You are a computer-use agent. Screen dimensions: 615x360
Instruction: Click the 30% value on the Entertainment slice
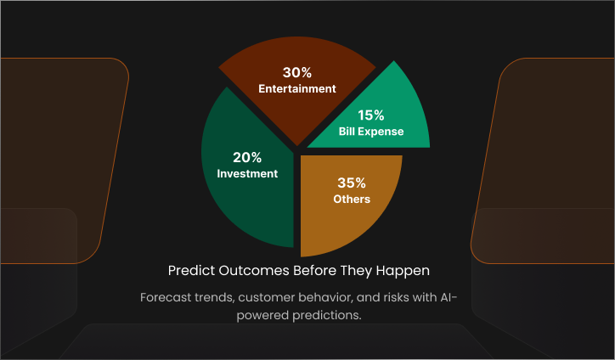pyautogui.click(x=297, y=72)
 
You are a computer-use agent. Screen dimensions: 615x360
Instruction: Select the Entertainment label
pyautogui.click(x=297, y=88)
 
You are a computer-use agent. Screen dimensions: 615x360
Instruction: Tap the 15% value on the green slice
pyautogui.click(x=371, y=115)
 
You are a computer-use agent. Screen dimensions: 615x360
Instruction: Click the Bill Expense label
pyautogui.click(x=371, y=132)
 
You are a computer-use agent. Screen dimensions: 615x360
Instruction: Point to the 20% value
pyautogui.click(x=247, y=158)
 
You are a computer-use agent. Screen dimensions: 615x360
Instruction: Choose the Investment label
pyautogui.click(x=247, y=174)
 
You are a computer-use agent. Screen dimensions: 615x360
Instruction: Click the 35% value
pyautogui.click(x=352, y=183)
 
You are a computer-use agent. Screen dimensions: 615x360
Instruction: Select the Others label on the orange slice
pyautogui.click(x=352, y=200)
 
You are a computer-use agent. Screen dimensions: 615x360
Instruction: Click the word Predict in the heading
pyautogui.click(x=191, y=271)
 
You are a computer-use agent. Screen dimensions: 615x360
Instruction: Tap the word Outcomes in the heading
pyautogui.click(x=254, y=271)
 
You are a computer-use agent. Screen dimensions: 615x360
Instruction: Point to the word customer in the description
pyautogui.click(x=264, y=298)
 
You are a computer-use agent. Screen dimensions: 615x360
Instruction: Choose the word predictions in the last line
pyautogui.click(x=327, y=316)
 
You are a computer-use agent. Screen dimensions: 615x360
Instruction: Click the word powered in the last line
pyautogui.click(x=262, y=316)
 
